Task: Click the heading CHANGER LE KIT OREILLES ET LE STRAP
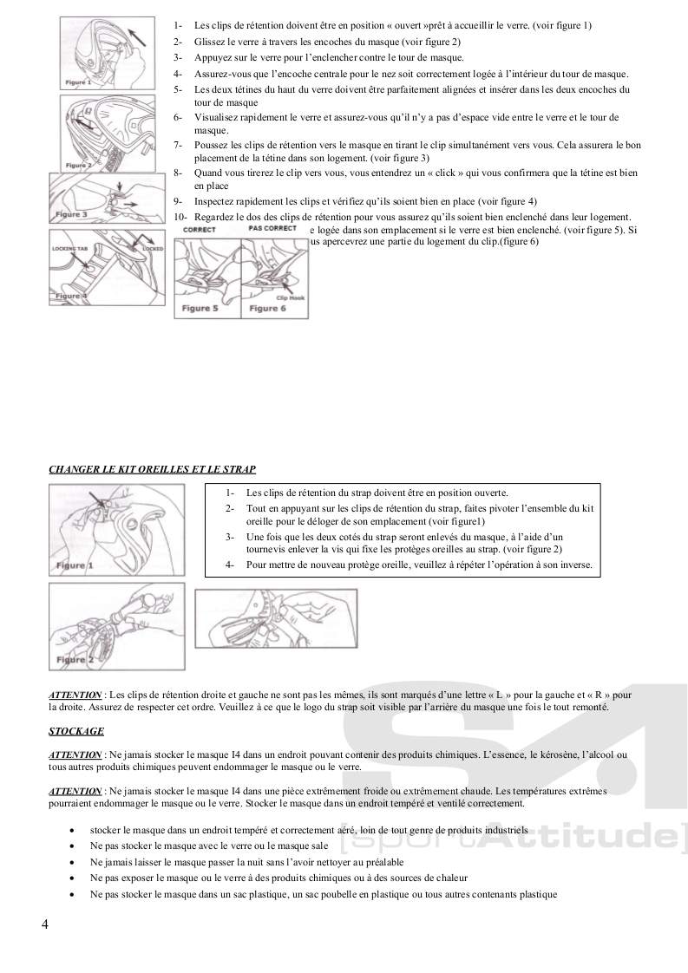(152, 469)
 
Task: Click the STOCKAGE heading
(76, 731)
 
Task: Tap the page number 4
(45, 924)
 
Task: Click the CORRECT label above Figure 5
(200, 229)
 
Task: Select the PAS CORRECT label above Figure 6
(272, 228)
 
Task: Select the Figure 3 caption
(72, 214)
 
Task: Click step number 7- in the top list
(178, 145)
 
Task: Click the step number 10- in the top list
(180, 217)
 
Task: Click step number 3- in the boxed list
(229, 537)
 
